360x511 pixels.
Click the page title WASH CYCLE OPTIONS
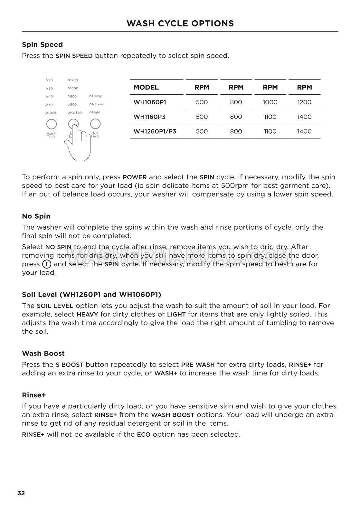pos(180,24)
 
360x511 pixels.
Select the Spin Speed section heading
pos(42,45)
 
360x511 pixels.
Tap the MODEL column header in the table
pos(146,87)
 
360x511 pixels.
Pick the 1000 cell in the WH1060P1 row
pos(270,102)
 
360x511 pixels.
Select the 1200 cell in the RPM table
pos(304,102)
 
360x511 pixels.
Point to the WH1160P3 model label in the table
pos(149,117)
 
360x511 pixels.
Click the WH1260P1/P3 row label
pos(155,131)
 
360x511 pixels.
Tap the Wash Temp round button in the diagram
pos(52,124)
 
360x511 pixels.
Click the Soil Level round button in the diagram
pos(95,124)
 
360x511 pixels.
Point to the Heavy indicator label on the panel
pos(97,96)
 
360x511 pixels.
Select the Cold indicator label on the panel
pos(52,113)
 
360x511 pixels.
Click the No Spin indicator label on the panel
pos(76,113)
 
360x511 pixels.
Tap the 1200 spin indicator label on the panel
pos(74,80)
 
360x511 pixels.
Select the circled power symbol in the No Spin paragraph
pos(47,264)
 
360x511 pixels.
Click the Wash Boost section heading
pos(43,354)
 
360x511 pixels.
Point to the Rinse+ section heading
pos(34,395)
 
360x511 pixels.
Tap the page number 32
pos(21,493)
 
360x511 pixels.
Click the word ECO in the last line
pos(144,435)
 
